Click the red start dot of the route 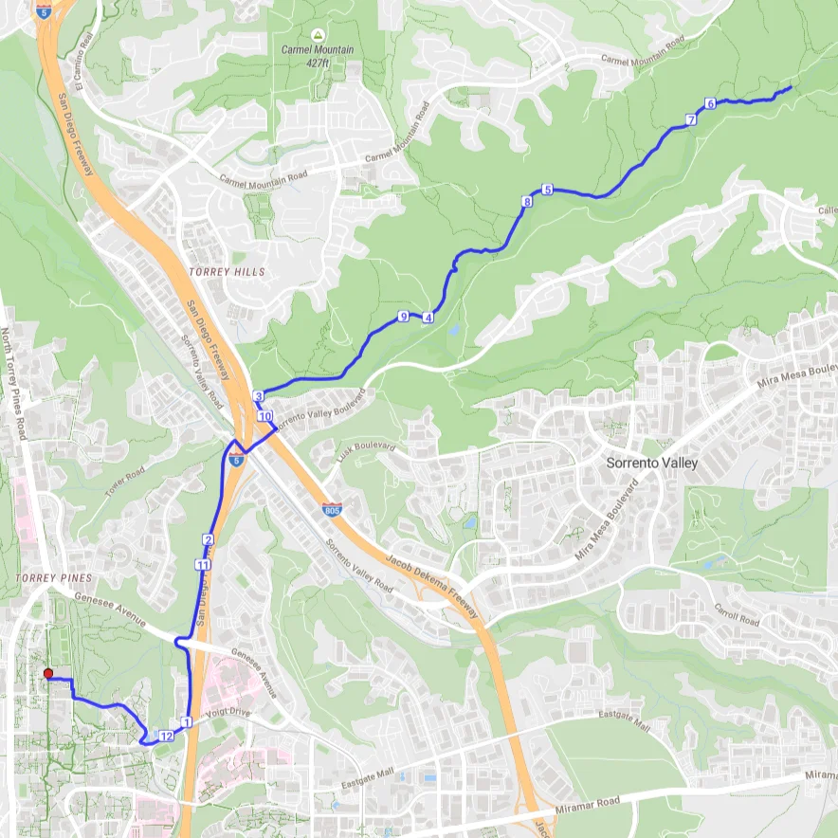pos(48,674)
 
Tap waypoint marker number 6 pos(710,103)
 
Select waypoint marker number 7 pos(691,120)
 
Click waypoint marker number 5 pos(547,189)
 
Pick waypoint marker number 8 pos(527,201)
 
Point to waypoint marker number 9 pos(403,316)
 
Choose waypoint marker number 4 pos(428,318)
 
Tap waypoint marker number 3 pos(258,396)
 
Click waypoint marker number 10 pos(265,416)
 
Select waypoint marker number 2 pos(208,539)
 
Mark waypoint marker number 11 pos(202,565)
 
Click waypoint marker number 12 pos(166,736)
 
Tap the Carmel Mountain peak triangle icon pos(318,34)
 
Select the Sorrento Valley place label pos(651,464)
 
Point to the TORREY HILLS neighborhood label pos(228,272)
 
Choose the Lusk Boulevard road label pos(365,446)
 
